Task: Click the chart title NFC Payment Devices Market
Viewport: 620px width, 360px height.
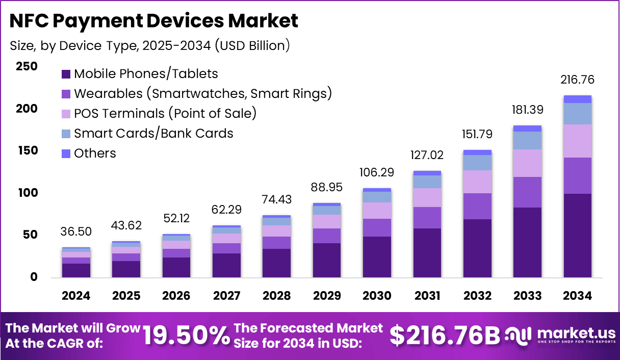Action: [154, 21]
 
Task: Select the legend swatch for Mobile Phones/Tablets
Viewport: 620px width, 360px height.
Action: [66, 74]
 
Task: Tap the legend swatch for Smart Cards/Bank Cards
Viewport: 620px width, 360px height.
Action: [66, 134]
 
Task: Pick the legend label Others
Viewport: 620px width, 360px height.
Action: [95, 153]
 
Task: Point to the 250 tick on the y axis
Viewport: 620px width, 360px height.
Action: [27, 66]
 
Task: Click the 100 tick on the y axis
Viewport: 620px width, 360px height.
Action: [27, 193]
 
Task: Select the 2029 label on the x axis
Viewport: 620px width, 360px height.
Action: [327, 296]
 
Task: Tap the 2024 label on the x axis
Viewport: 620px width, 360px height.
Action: [76, 296]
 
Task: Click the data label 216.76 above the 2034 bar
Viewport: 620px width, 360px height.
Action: [578, 80]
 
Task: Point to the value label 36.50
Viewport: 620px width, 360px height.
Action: [76, 232]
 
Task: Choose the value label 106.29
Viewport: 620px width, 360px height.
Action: [377, 172]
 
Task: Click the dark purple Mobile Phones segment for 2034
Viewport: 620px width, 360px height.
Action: [578, 236]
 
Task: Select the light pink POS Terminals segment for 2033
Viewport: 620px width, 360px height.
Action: [528, 163]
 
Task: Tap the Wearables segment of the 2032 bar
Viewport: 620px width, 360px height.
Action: [477, 206]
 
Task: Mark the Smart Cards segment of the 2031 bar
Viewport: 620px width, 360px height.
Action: [427, 182]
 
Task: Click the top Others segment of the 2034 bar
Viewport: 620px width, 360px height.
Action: [578, 99]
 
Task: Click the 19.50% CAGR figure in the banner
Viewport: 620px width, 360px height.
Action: [186, 335]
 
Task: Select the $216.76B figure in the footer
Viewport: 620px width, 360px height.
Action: [445, 335]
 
